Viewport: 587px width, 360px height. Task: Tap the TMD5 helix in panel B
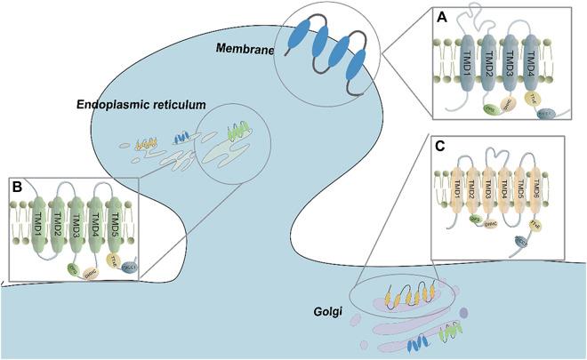click(x=117, y=223)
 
